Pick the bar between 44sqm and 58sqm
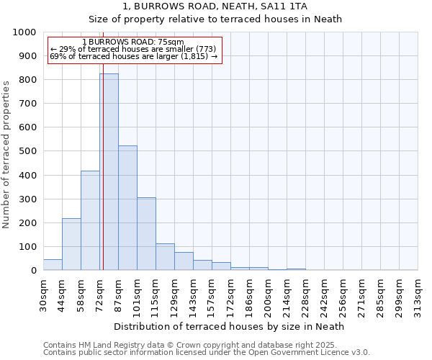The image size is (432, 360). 71,244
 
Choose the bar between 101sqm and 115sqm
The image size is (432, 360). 146,233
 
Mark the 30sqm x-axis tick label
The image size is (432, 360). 44,292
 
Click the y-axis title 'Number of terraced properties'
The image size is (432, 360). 6,154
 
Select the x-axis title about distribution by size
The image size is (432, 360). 229,326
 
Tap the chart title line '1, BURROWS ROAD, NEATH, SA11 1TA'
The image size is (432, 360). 215,6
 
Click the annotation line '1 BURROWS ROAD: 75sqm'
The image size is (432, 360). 133,42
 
